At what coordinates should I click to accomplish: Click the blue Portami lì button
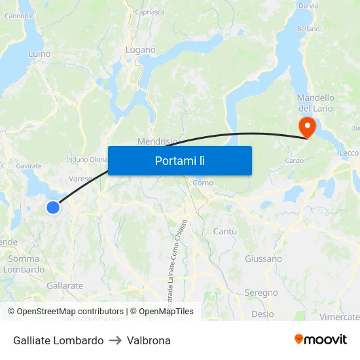179,160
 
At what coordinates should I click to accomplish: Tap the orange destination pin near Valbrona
306,126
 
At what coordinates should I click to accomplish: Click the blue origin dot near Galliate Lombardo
53,207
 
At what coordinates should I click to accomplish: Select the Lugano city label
141,50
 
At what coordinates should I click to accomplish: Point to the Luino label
39,54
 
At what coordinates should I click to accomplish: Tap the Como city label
203,183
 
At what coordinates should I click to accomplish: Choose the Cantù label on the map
225,231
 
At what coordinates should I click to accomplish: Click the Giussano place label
263,259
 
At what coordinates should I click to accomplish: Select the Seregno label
261,293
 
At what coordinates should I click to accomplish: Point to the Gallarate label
65,285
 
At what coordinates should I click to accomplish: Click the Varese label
80,178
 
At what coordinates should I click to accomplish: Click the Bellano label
308,29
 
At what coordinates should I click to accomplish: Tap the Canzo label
293,160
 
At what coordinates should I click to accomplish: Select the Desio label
262,314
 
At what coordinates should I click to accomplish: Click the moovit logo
321,339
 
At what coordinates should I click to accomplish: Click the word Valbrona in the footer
149,340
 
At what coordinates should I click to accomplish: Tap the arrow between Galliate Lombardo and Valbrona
115,340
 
